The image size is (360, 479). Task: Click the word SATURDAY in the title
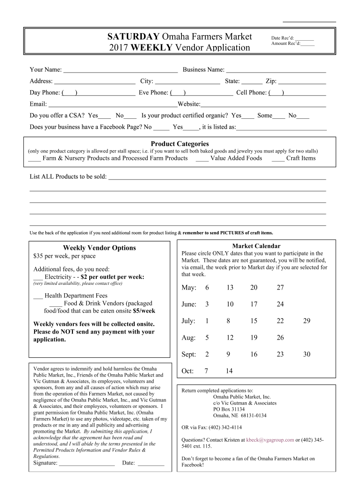(x=133, y=37)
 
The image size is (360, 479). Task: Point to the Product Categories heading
(x=180, y=144)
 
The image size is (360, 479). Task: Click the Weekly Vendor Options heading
(x=100, y=248)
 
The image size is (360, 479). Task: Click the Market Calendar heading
(x=256, y=246)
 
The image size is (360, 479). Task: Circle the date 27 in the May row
(x=280, y=288)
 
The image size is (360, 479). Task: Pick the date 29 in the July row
(x=307, y=321)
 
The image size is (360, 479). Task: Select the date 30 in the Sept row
(x=307, y=355)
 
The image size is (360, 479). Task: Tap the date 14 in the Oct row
(x=229, y=371)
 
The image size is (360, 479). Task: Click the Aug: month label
(x=188, y=338)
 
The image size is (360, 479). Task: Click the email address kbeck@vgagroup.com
(x=270, y=440)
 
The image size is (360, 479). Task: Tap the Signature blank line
(x=87, y=464)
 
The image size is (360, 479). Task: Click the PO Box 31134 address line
(x=229, y=409)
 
